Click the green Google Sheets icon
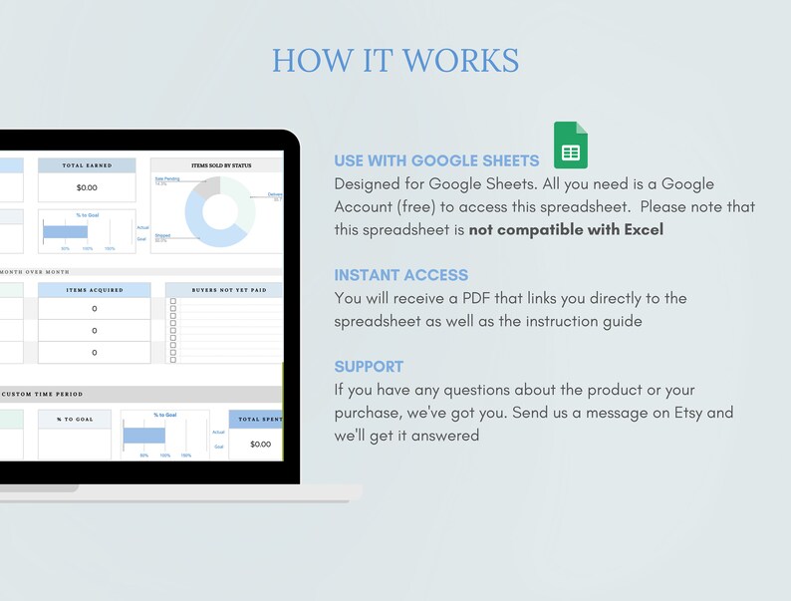pos(571,146)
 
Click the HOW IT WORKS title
pos(395,60)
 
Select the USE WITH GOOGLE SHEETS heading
pos(436,160)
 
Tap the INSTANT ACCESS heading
pos(400,275)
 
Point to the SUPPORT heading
pos(369,366)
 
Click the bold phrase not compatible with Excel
pos(566,229)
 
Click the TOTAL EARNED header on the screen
pos(87,165)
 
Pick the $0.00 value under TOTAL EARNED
pos(87,187)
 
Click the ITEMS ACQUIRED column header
pos(95,290)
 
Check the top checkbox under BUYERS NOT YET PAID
pos(173,302)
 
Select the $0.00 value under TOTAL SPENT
pos(260,444)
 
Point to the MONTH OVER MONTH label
pos(35,271)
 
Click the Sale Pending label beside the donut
pos(165,179)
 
